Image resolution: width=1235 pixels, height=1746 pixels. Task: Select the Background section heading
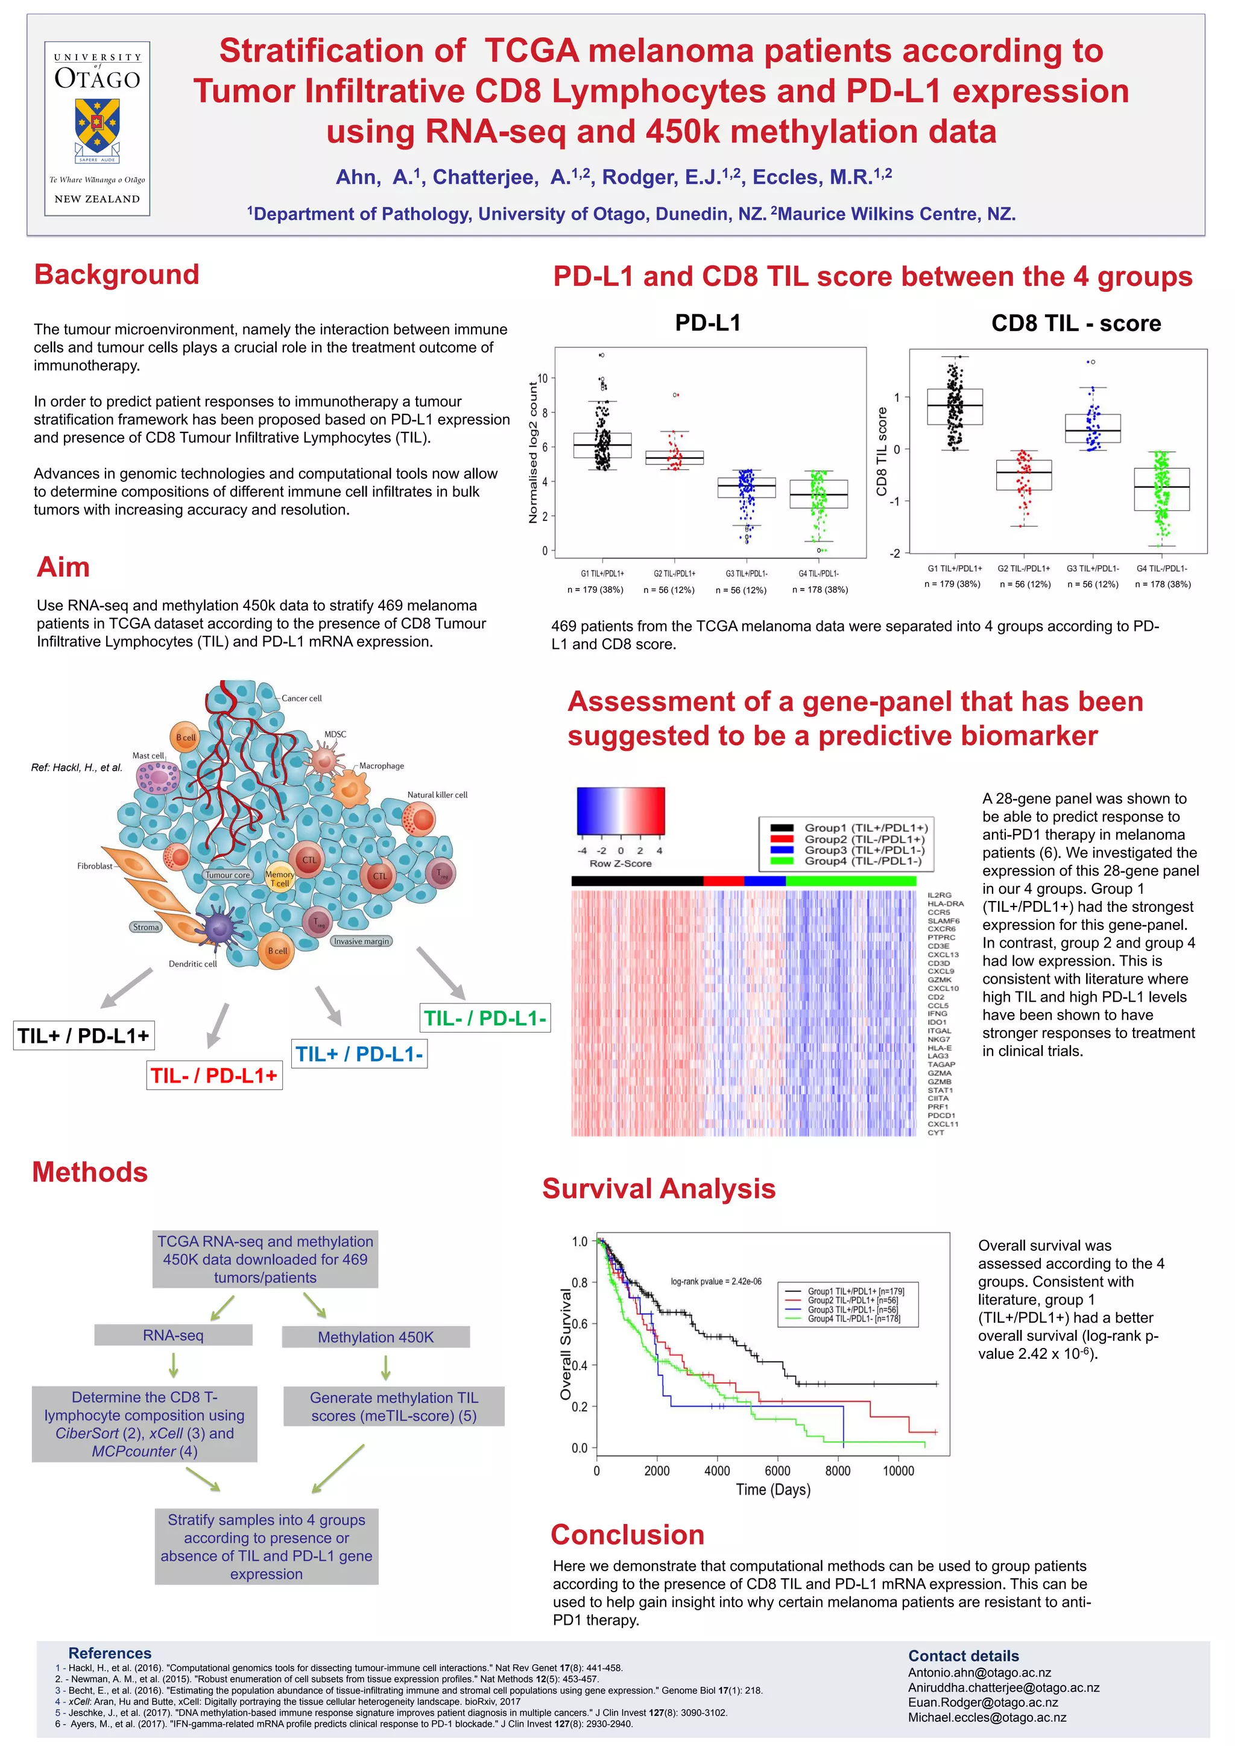pos(116,274)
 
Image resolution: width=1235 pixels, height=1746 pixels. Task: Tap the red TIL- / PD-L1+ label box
pos(215,1075)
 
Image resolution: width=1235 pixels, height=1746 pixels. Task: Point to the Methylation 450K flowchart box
pos(376,1337)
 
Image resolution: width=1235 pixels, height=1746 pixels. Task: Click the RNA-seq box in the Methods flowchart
pos(174,1335)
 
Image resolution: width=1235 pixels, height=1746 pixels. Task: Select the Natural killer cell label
pos(437,795)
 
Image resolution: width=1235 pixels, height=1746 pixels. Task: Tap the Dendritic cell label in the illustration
pos(192,964)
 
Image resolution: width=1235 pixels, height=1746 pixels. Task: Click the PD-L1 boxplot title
pos(707,323)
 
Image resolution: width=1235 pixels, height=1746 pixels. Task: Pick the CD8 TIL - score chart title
pos(1075,324)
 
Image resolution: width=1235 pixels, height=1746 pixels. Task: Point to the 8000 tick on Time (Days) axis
pos(837,1471)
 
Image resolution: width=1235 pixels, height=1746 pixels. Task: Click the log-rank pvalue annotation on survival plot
pos(716,1282)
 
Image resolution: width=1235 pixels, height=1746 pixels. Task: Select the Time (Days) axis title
pos(772,1490)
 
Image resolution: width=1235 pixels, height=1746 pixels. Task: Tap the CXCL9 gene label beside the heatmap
pos(941,971)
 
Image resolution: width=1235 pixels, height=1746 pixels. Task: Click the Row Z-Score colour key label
pos(621,863)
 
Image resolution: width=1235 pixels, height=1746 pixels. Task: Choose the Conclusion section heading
pos(627,1534)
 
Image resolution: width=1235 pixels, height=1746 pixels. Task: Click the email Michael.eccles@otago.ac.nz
pos(987,1718)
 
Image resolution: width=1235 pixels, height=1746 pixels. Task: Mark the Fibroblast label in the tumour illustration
pos(94,866)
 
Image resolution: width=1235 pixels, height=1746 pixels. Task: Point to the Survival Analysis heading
pos(659,1189)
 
